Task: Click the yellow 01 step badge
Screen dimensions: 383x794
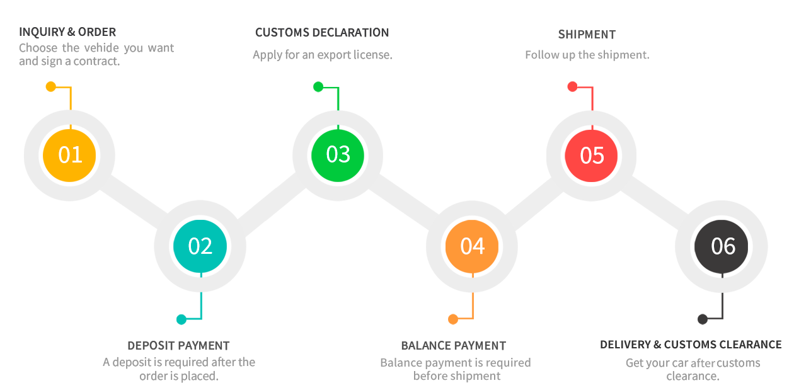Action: (69, 155)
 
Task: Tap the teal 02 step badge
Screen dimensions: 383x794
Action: (200, 246)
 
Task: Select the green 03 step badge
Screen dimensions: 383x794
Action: (338, 155)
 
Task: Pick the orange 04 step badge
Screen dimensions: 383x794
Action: (472, 246)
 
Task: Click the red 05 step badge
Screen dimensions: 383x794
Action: (591, 156)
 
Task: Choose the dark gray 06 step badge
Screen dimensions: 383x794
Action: (722, 246)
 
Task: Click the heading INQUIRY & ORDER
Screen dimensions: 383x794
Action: (67, 32)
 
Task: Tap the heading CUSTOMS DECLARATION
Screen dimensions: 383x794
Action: (322, 33)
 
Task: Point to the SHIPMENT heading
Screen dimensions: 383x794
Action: (587, 34)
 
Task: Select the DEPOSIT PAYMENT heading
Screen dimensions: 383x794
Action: (178, 345)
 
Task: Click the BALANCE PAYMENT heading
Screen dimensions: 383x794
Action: (453, 345)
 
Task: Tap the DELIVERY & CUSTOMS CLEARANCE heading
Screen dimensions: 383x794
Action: (691, 345)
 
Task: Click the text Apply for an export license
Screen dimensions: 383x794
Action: (322, 55)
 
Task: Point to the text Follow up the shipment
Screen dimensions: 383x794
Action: (587, 55)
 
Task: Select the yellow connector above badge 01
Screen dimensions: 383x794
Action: (62, 95)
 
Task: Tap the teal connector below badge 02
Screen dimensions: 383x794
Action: (192, 308)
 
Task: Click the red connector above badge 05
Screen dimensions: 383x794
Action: (584, 96)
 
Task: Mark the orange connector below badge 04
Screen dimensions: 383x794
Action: (463, 308)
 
